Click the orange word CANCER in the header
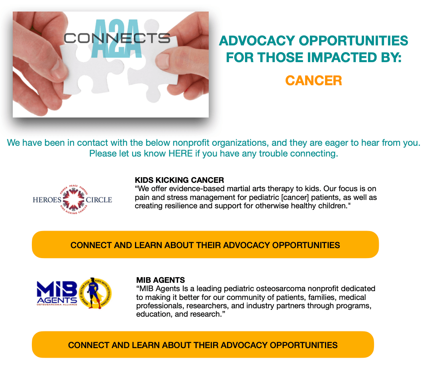coord(313,80)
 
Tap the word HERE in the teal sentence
coord(180,154)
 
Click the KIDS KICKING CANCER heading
coord(179,180)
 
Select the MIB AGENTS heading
coord(161,280)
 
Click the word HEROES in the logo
coord(47,200)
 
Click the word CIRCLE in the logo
coord(99,200)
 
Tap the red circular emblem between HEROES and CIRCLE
coord(74,200)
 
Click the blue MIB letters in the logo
coord(57,289)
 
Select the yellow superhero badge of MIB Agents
coord(95,293)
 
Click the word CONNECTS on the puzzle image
coord(117,38)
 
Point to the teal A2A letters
coord(117,38)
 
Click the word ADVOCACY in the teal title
coord(257,41)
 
